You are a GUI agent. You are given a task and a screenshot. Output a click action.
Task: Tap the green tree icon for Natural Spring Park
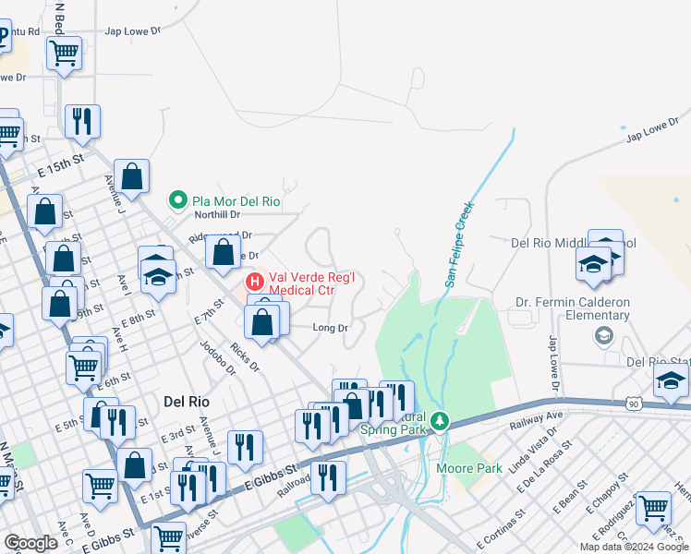(x=441, y=421)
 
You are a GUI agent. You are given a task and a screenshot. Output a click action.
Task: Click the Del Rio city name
(x=188, y=402)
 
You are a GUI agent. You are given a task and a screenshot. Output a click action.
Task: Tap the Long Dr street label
(x=330, y=328)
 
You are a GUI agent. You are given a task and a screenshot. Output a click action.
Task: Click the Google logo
(x=30, y=543)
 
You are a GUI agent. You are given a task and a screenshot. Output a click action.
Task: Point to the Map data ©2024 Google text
(x=634, y=547)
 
